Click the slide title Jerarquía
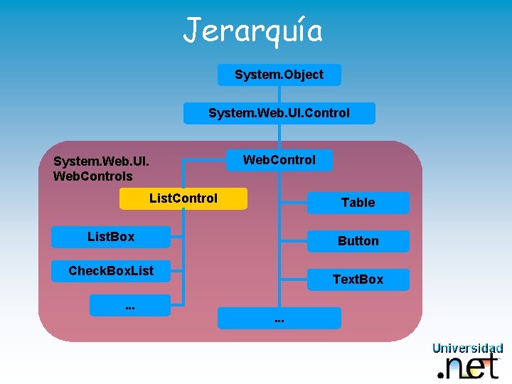click(253, 31)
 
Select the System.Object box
click(279, 75)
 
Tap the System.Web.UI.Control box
click(279, 113)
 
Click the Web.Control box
click(279, 160)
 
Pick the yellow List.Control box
click(183, 198)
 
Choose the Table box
click(358, 203)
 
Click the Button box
click(358, 241)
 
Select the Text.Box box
click(358, 279)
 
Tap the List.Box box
click(111, 237)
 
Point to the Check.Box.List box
click(111, 270)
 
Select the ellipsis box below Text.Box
click(279, 318)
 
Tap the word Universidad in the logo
click(467, 348)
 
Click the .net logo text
click(472, 366)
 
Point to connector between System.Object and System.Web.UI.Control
click(279, 94)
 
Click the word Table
click(358, 203)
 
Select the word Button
click(358, 241)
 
